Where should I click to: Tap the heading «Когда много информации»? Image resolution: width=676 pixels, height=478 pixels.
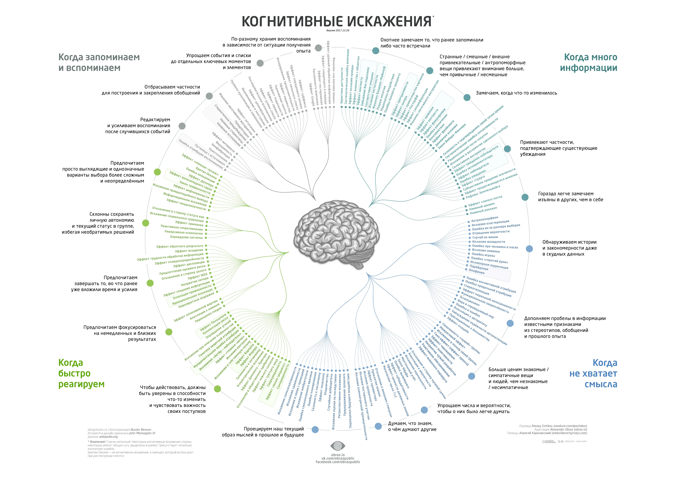click(588, 62)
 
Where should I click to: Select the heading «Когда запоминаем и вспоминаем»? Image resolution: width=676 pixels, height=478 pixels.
click(99, 62)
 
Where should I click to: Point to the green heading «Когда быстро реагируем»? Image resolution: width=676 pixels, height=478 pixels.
click(81, 373)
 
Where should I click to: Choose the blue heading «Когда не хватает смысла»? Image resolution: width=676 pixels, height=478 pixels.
click(593, 373)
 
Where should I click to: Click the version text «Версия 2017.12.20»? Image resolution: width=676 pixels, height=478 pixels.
click(338, 30)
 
